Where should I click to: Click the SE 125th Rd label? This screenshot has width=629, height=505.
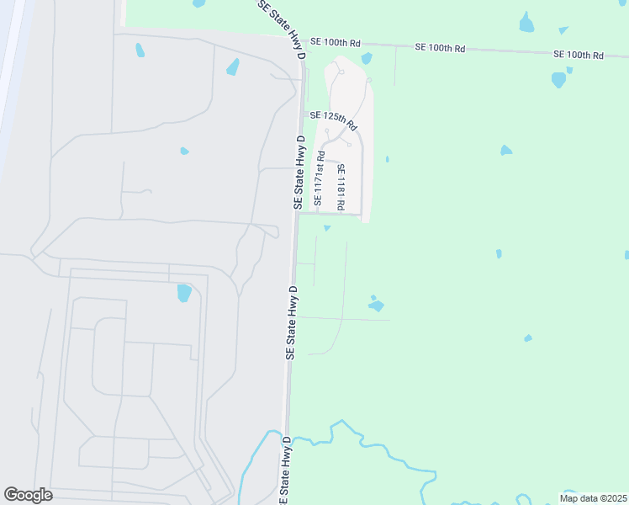point(333,120)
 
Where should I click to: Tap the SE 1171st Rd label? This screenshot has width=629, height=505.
point(320,178)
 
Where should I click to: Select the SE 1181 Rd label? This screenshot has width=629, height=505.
point(341,187)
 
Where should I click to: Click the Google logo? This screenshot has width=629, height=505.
point(28,495)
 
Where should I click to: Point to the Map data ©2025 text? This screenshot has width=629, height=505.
point(592,498)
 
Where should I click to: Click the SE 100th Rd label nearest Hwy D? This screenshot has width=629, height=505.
point(335,42)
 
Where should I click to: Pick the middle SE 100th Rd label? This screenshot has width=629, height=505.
point(440,48)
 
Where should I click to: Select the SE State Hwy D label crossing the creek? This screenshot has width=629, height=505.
point(285,471)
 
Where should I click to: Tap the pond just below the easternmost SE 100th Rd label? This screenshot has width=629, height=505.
point(558,80)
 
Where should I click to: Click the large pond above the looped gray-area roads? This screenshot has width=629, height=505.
point(184,293)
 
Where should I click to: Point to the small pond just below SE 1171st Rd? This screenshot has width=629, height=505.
point(327,226)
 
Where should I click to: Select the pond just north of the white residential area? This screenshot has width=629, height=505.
point(367,58)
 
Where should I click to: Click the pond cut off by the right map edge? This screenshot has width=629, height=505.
point(626,254)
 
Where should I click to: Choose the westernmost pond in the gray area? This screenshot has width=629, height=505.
point(140,50)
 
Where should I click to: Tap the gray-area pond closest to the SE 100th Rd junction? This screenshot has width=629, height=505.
point(233,66)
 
